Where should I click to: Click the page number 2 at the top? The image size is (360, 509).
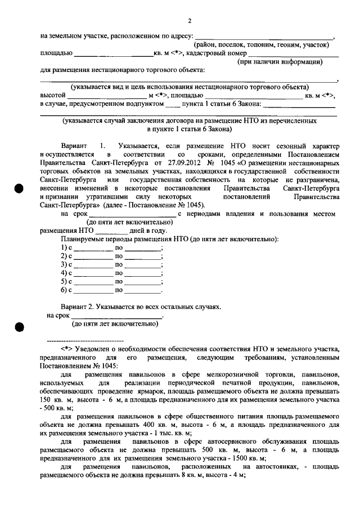point(190,21)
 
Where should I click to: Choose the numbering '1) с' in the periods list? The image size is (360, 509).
point(67,247)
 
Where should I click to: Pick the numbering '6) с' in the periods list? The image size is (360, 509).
point(67,290)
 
